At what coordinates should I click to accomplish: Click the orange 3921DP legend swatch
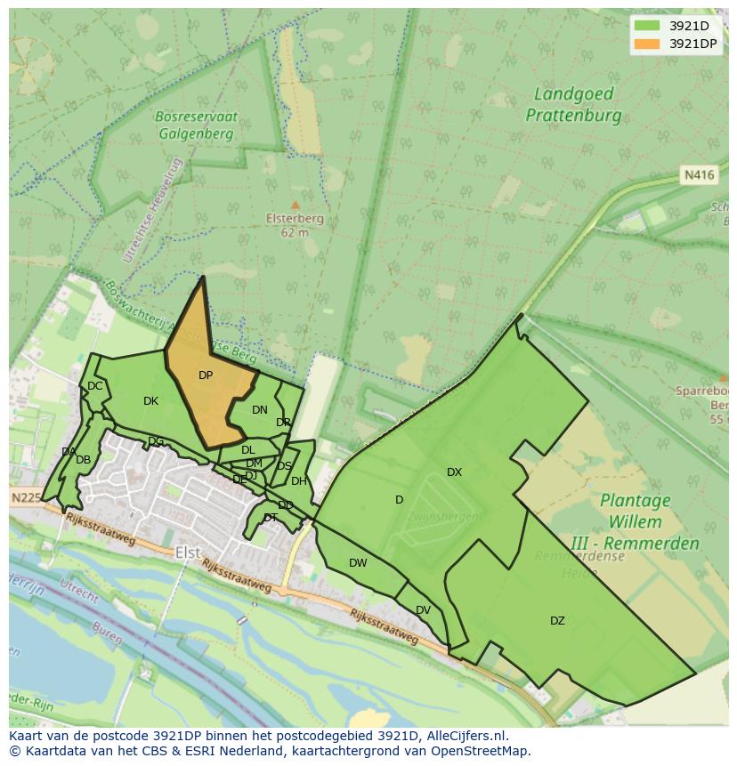coord(647,44)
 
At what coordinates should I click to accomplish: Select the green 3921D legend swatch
coord(647,26)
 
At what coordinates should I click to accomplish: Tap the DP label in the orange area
coord(206,375)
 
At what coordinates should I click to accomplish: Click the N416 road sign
coord(700,175)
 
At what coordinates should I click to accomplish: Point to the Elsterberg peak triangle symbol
coord(296,206)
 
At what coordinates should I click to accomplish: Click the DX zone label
coord(454,472)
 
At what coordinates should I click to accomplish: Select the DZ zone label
coord(557,621)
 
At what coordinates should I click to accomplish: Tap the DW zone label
coord(358,563)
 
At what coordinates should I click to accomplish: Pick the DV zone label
coord(423,610)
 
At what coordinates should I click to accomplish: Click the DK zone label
coord(150,401)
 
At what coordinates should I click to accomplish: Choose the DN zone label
coord(259,410)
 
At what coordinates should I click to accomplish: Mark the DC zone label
coord(94,386)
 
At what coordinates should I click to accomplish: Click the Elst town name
coord(188,552)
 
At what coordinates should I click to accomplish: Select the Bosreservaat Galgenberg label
coord(194,125)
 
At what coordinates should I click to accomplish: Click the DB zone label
coord(83,460)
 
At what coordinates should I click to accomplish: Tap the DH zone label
coord(298,481)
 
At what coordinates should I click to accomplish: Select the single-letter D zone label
coord(399,500)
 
